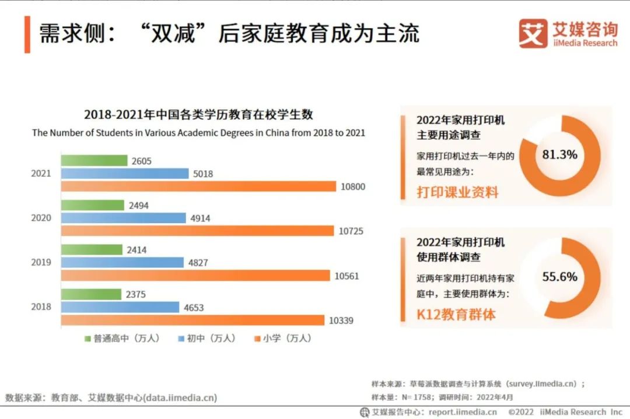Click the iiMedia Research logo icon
tap(533, 34)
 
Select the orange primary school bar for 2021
tap(198, 186)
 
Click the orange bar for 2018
tap(192, 320)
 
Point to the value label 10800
tap(353, 186)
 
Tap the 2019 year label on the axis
tap(41, 262)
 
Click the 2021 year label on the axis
tap(41, 173)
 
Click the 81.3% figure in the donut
tap(559, 154)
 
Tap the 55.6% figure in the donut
tap(559, 277)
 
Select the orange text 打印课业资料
tap(457, 192)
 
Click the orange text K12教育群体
tap(456, 315)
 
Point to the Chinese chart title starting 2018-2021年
tap(198, 114)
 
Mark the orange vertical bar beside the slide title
tap(27, 34)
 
